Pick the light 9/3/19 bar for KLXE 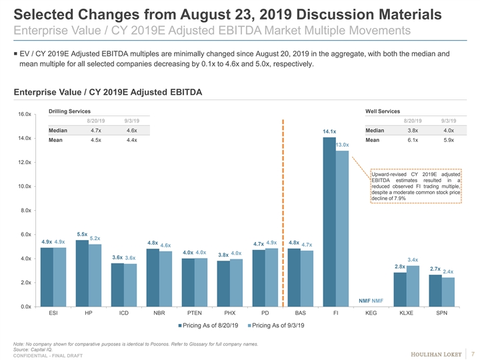(x=413, y=286)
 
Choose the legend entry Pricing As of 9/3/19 (x=275, y=325)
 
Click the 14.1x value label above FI (x=329, y=132)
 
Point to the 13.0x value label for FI (x=343, y=145)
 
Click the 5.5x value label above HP (x=82, y=233)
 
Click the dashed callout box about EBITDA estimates (x=416, y=187)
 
